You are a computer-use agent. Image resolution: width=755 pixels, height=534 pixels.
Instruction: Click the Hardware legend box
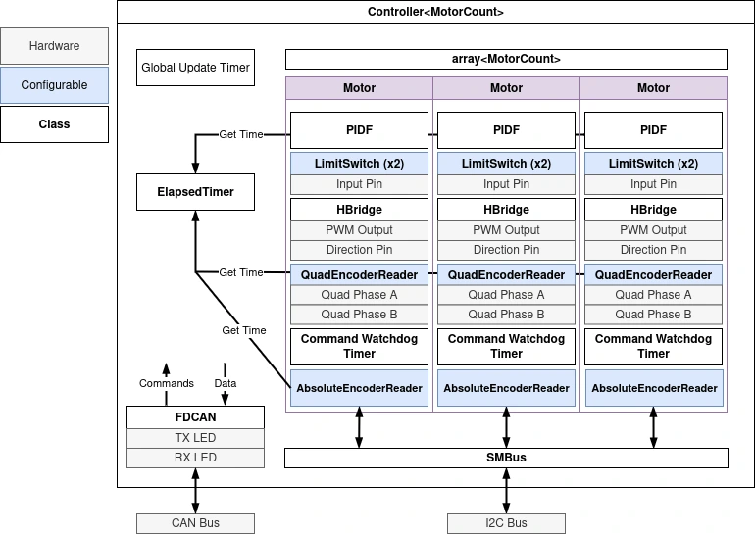pos(55,46)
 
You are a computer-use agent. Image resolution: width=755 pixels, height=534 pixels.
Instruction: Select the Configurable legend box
pos(55,85)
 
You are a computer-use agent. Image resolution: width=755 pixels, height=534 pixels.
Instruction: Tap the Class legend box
pos(55,124)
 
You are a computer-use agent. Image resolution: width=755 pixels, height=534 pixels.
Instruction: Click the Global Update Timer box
pos(196,69)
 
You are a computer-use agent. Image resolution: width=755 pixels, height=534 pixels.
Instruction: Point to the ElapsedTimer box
pos(196,192)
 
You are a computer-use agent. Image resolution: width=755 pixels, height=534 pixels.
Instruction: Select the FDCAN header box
pos(196,417)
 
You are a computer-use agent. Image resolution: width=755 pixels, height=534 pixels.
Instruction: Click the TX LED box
pos(196,438)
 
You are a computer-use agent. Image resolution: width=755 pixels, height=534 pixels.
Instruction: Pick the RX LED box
pos(196,458)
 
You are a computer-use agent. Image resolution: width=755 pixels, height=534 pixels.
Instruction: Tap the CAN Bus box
pos(196,523)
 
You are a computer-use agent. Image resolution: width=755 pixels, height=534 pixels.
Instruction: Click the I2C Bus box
pos(506,523)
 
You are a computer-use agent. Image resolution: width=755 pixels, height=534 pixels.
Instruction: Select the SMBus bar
pos(506,458)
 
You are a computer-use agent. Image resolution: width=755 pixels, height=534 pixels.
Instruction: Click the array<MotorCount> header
pos(506,59)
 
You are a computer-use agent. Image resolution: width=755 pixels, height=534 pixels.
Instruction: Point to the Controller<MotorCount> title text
pos(435,12)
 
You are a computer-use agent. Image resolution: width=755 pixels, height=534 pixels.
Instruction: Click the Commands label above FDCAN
pos(167,383)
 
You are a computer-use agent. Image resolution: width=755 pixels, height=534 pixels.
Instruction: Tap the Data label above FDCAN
pos(226,383)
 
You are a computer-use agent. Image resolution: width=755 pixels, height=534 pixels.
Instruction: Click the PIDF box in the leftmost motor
pos(359,129)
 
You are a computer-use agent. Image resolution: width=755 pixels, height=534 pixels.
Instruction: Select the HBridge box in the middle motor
pos(506,210)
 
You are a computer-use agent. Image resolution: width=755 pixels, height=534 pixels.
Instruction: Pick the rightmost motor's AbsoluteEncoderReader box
pos(654,388)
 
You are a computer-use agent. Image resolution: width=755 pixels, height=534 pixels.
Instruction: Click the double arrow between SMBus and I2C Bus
pos(506,490)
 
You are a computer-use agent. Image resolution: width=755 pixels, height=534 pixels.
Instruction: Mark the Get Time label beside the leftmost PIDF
pos(241,134)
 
